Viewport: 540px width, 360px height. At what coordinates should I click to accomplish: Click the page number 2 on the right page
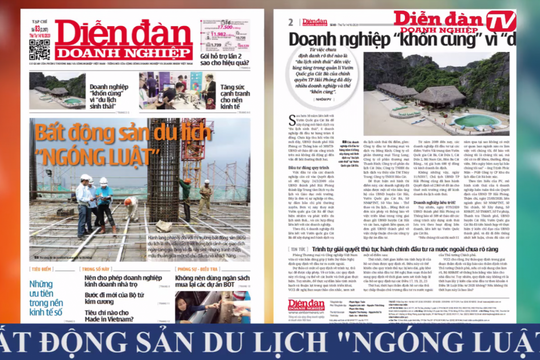tap(291, 22)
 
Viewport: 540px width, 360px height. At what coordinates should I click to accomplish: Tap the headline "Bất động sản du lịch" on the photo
tap(116, 130)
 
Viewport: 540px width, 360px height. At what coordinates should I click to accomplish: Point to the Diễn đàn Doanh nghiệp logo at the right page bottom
tap(307, 304)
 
